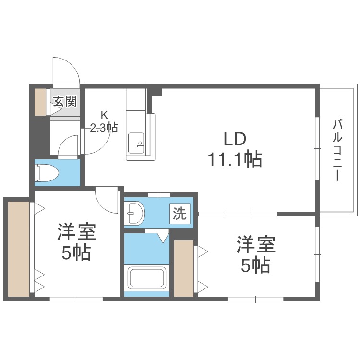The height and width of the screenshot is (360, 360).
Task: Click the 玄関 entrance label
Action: click(65, 101)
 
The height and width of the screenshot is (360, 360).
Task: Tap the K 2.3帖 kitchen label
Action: click(104, 122)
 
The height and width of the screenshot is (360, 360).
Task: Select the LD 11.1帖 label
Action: click(235, 149)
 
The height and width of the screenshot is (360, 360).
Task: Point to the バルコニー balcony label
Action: click(337, 150)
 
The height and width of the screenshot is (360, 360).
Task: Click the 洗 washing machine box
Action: click(180, 214)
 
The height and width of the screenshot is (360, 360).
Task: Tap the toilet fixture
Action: click(48, 173)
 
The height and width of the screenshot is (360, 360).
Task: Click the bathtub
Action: click(147, 278)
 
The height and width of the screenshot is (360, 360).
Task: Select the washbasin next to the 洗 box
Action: click(136, 213)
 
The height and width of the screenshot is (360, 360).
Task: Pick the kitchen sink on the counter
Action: click(136, 143)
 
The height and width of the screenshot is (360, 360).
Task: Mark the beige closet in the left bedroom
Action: click(19, 249)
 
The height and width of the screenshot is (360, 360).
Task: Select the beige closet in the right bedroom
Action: click(184, 268)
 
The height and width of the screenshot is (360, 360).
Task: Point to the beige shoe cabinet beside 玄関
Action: click(40, 102)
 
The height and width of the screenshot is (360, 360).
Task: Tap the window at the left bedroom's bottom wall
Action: click(76, 299)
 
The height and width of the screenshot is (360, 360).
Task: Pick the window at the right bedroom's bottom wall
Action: click(255, 299)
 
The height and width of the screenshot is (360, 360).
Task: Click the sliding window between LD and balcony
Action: click(318, 148)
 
